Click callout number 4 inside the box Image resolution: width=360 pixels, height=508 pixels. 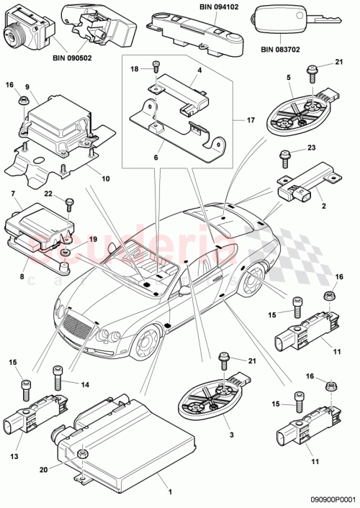[x=198, y=70]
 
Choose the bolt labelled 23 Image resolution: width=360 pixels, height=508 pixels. [x=284, y=154]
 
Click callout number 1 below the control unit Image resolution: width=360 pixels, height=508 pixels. [x=171, y=491]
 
